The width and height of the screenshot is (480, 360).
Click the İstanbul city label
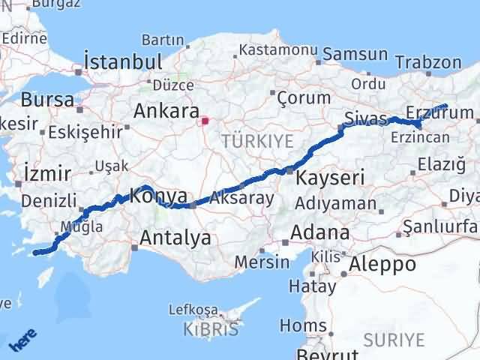(x=124, y=61)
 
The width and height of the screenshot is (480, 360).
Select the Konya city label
(x=158, y=196)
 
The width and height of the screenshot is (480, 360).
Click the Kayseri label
(x=330, y=178)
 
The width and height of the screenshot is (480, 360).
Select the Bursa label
(x=47, y=99)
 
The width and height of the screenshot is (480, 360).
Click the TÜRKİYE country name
(x=246, y=140)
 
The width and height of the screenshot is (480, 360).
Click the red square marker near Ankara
(x=204, y=118)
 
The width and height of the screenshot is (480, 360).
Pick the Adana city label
(x=320, y=232)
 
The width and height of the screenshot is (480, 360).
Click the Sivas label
(x=366, y=118)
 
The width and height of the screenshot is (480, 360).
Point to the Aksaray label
(x=241, y=199)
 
